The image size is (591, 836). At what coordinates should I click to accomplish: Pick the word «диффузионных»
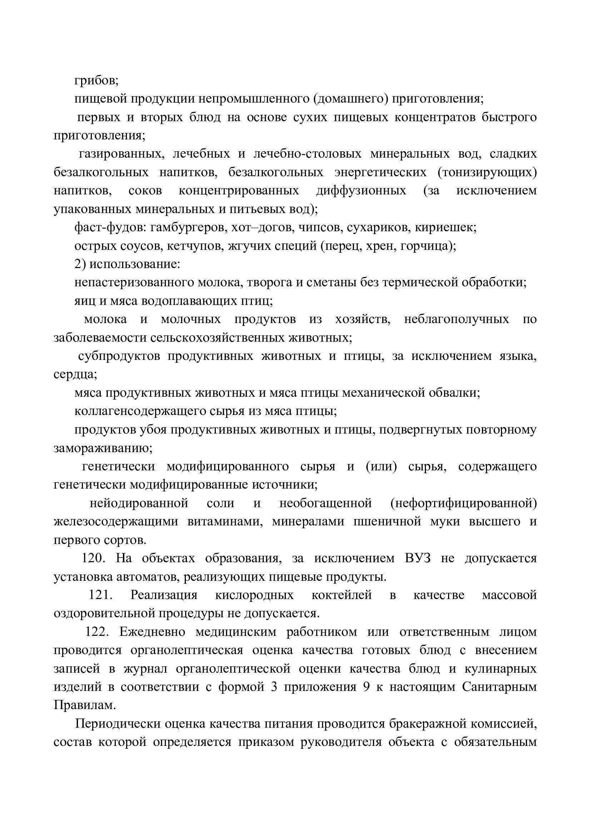(361, 191)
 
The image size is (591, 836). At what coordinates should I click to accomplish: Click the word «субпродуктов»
(119, 356)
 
